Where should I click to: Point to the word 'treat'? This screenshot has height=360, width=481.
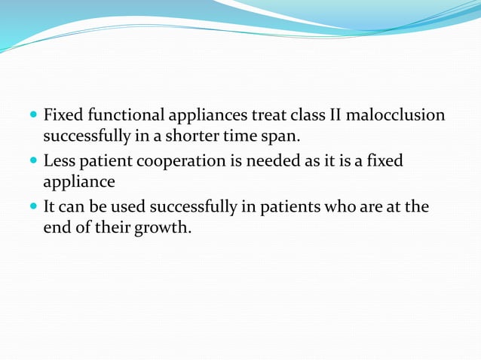pyautogui.click(x=277, y=116)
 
